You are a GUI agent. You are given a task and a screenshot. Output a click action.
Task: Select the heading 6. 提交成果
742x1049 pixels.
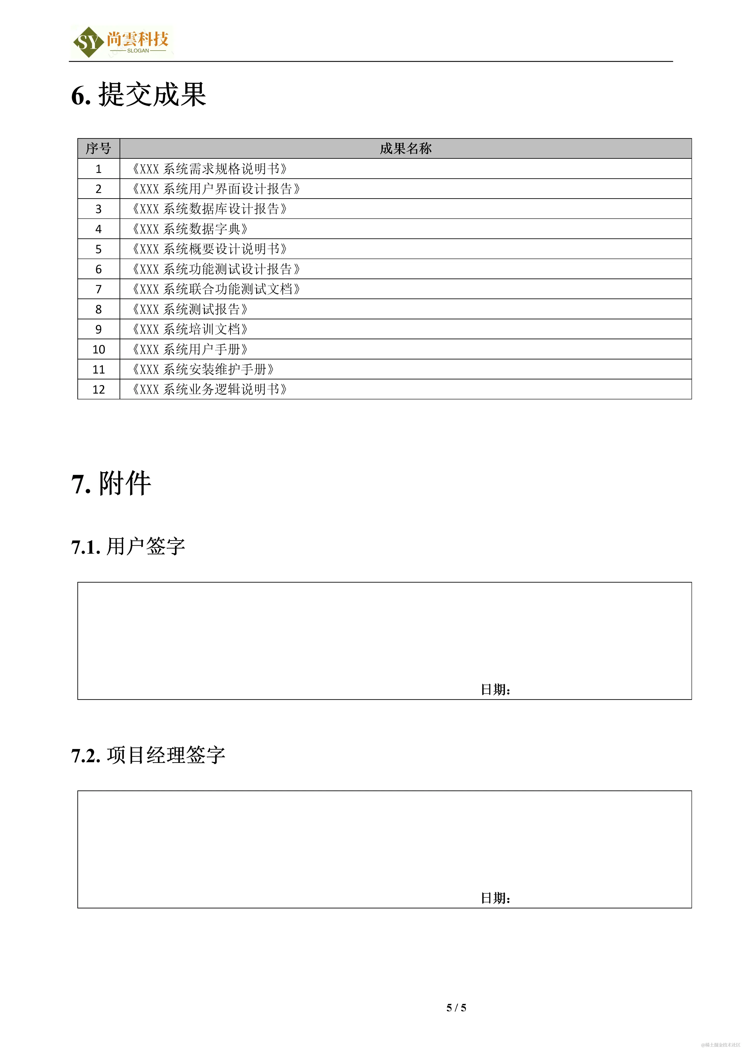click(x=138, y=95)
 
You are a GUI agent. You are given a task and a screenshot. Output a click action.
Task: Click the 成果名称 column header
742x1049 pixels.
click(x=405, y=148)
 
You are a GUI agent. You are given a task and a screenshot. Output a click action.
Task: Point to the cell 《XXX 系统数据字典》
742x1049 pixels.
click(x=190, y=229)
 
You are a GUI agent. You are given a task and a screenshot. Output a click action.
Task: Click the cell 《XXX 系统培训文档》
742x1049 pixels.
click(x=190, y=329)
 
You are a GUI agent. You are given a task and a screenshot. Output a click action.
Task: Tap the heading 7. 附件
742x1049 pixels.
click(x=111, y=483)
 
